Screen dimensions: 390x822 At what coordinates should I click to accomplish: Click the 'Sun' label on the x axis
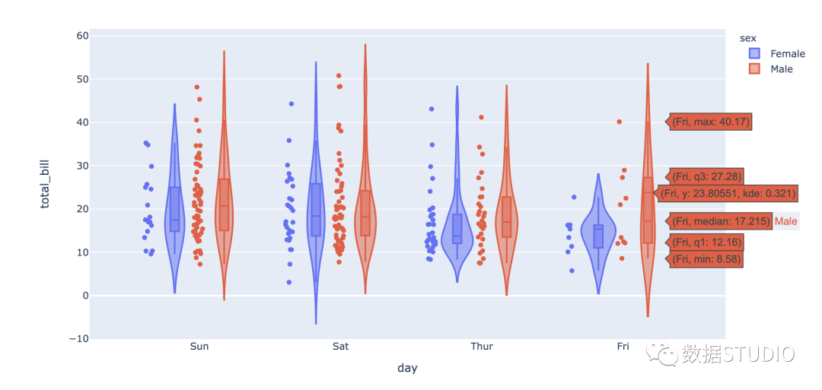click(x=199, y=347)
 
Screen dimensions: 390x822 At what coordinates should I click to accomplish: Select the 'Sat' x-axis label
click(x=341, y=347)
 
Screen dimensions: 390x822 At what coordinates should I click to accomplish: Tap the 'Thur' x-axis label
click(x=481, y=347)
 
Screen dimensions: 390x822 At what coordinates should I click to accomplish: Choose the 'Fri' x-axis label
click(x=623, y=347)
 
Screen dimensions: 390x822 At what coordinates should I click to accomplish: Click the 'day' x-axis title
click(x=407, y=368)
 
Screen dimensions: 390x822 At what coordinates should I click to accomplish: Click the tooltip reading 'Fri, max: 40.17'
click(x=712, y=121)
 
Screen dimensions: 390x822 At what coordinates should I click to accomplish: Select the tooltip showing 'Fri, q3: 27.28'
click(x=706, y=176)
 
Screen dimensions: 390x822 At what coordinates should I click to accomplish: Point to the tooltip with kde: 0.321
click(x=727, y=193)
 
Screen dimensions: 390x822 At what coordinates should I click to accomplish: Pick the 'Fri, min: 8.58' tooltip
click(x=705, y=259)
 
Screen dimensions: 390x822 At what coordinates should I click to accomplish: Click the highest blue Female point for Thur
click(x=432, y=109)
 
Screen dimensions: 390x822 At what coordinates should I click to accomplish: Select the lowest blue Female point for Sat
click(x=289, y=282)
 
